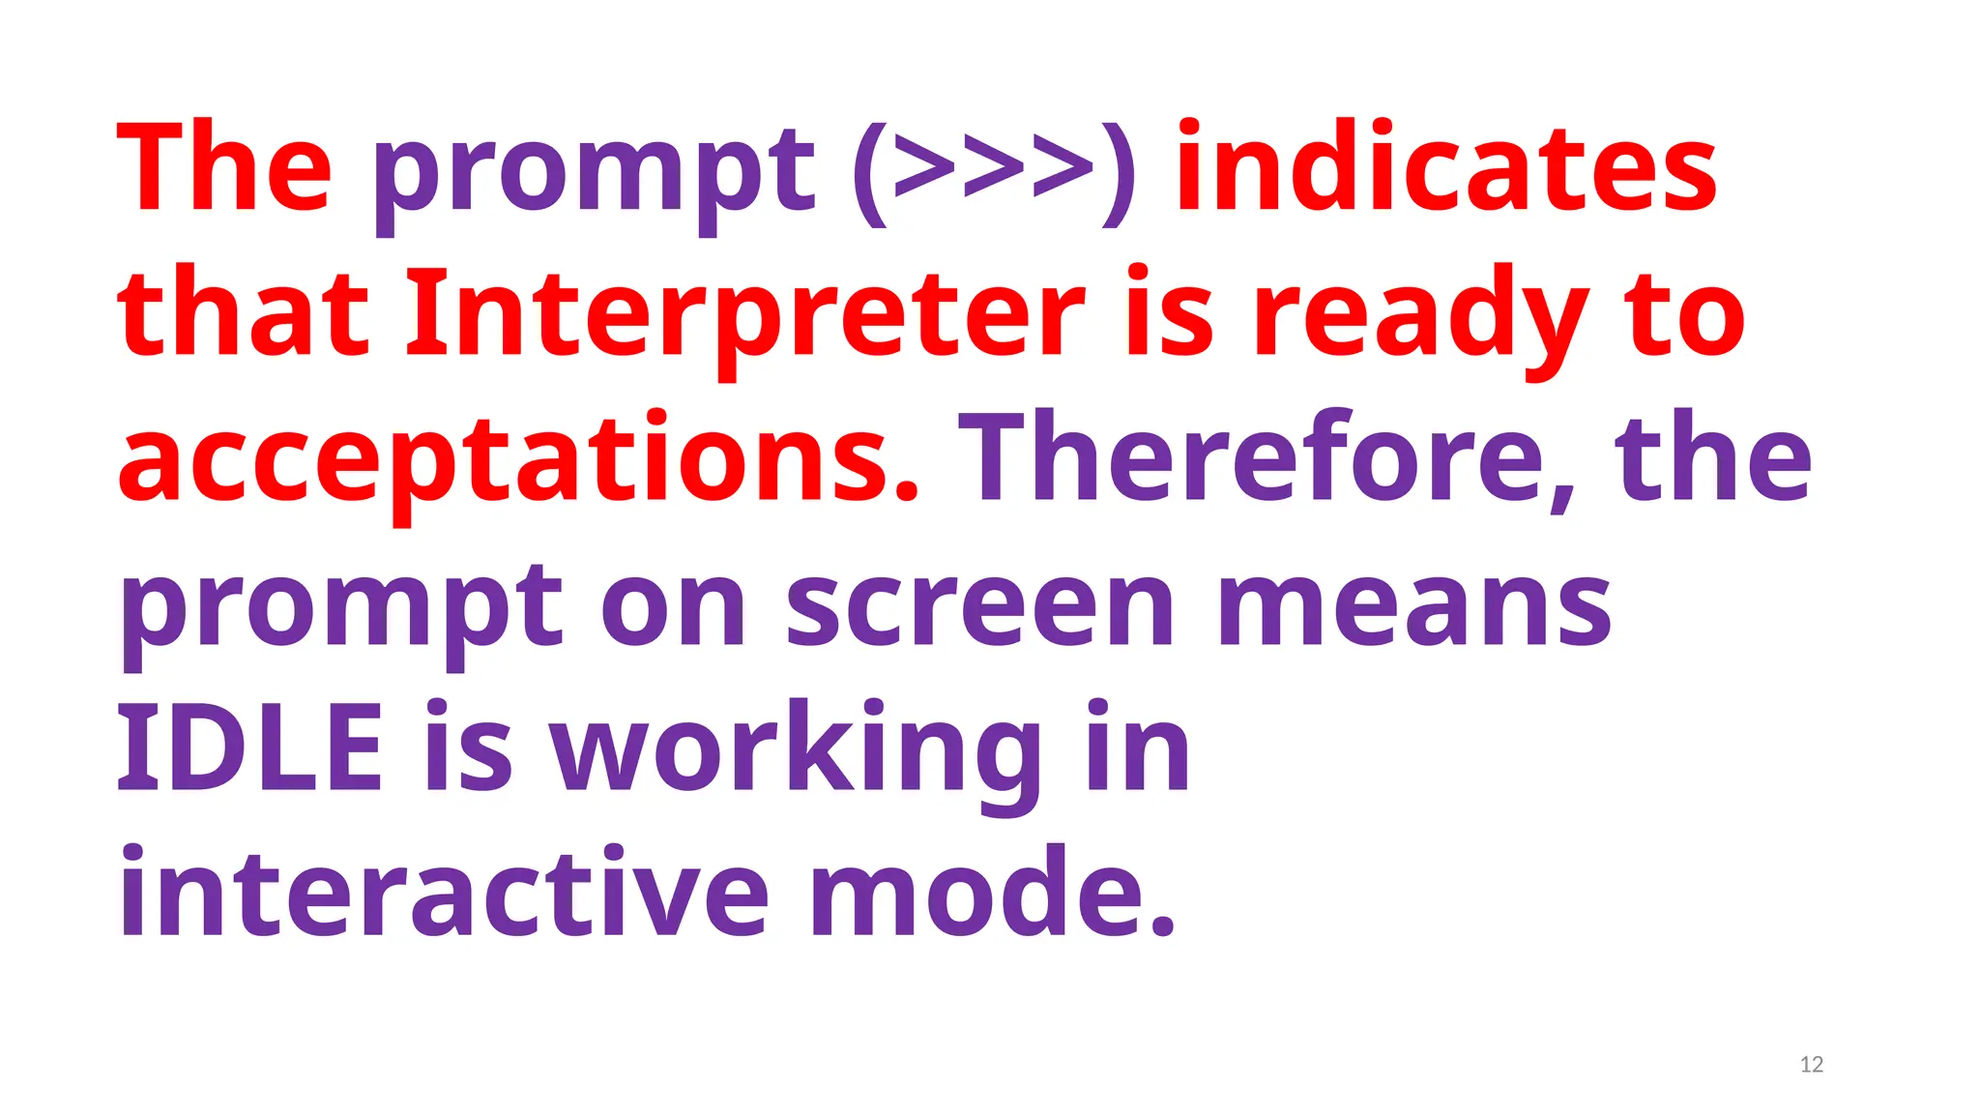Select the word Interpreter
pyautogui.click(x=744, y=315)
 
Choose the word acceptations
pyautogui.click(x=517, y=460)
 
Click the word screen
pyautogui.click(x=979, y=607)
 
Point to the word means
pyautogui.click(x=1413, y=607)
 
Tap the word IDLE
pyautogui.click(x=249, y=748)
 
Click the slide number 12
pyautogui.click(x=1811, y=1065)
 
